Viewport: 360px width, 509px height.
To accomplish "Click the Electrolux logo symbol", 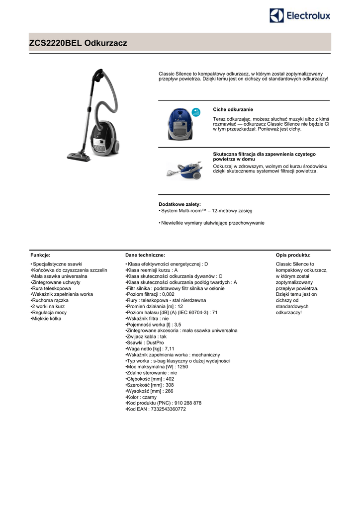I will point(277,15).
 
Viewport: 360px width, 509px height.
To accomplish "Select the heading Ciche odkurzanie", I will point(233,109).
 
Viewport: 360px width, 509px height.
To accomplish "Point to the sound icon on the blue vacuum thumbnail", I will point(196,111).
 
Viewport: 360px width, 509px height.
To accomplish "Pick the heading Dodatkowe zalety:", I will point(180,204).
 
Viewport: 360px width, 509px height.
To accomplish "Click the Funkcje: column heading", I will point(40,254).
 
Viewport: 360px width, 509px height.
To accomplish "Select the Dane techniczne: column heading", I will point(145,254).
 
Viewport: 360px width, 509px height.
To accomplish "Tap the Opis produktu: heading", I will point(293,254).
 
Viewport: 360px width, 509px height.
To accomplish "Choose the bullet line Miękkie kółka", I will point(47,319).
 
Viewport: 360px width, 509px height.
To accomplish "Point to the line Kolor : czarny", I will point(142,397).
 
